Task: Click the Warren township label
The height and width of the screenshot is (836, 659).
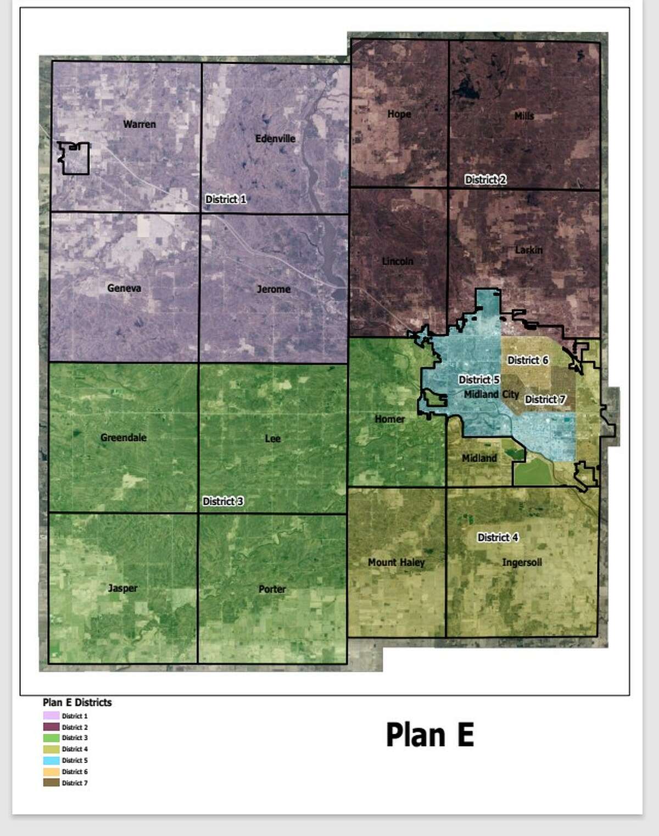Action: click(139, 124)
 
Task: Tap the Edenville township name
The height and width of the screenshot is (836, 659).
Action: click(275, 139)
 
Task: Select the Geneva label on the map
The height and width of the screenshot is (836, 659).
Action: click(124, 288)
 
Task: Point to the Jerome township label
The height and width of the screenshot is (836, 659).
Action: click(273, 289)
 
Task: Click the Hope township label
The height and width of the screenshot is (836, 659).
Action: click(399, 114)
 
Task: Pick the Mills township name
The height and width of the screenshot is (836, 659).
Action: click(524, 116)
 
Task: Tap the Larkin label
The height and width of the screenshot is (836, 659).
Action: click(529, 250)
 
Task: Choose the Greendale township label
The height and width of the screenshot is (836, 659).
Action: click(124, 438)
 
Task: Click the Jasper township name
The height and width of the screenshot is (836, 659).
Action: click(122, 588)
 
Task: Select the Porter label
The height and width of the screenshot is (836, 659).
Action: click(272, 589)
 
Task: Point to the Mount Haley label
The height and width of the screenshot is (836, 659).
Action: click(396, 562)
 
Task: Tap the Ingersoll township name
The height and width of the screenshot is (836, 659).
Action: click(522, 562)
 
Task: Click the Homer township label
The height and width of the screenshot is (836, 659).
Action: click(390, 419)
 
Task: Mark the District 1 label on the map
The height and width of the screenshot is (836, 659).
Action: click(226, 199)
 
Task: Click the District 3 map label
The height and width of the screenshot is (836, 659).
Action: click(223, 501)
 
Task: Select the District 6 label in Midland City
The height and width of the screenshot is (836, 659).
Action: click(528, 360)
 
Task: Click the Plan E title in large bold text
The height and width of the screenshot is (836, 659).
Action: click(429, 735)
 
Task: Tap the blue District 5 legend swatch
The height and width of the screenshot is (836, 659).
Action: click(51, 761)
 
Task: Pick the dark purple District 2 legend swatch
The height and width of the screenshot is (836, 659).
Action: click(51, 727)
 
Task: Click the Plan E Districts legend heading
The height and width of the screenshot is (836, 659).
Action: click(77, 702)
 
